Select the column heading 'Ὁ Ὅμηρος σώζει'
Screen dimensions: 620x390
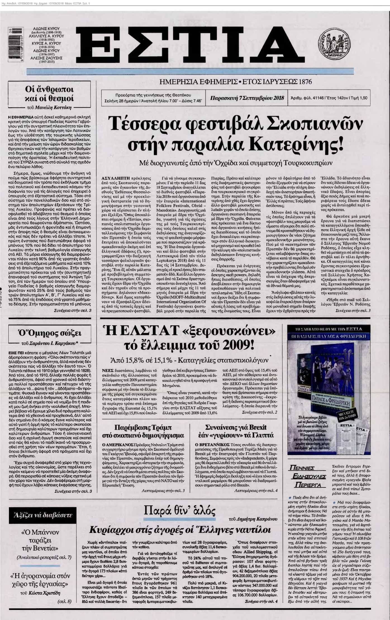49,333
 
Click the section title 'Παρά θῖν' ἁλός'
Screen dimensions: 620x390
179,511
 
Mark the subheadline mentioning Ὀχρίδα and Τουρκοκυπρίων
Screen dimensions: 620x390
236,162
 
